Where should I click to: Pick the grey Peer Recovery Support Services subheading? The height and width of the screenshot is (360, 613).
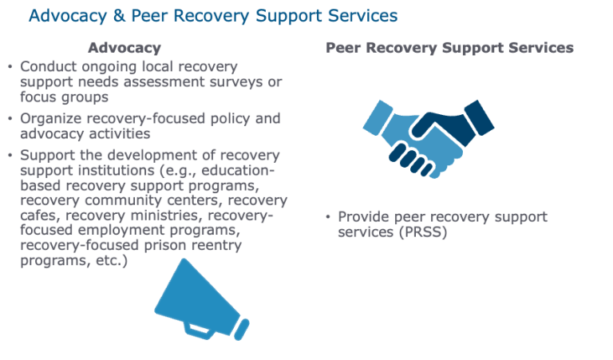click(x=449, y=48)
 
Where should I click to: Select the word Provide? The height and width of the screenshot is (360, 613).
click(x=363, y=217)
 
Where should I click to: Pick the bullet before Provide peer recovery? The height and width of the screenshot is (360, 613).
click(x=327, y=217)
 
